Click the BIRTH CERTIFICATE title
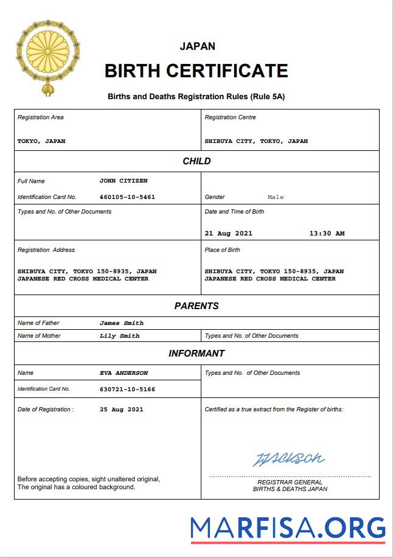196,71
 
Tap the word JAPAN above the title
197,46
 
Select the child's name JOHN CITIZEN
123,181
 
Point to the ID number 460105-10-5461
127,197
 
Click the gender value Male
276,197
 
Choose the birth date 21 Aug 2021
228,233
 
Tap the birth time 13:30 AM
327,233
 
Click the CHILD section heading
196,161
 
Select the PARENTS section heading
196,306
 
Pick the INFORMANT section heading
196,354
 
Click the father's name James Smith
122,323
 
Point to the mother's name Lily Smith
119,336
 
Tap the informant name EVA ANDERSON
123,373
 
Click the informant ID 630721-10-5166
127,389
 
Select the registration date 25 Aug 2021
122,410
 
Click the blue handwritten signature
288,458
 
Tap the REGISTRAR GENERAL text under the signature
290,482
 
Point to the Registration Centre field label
230,117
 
